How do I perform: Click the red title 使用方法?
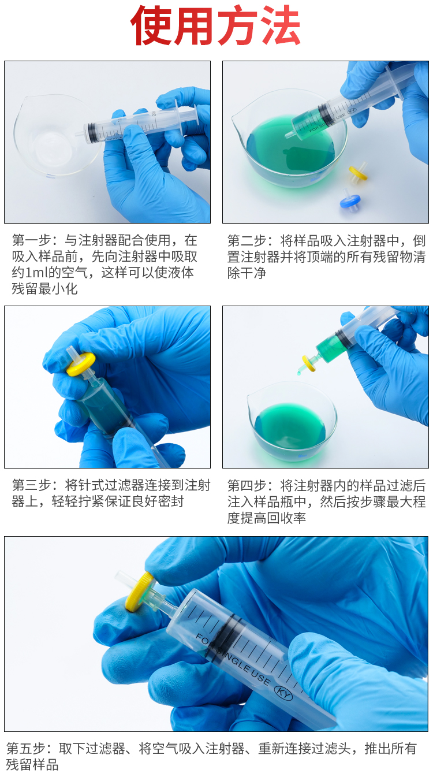click(215, 25)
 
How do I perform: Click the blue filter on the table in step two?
click(350, 200)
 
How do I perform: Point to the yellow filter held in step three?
click(81, 364)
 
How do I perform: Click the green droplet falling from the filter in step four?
click(298, 373)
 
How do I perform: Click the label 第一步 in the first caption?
click(32, 240)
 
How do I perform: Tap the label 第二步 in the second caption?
click(247, 240)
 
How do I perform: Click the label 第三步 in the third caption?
click(32, 485)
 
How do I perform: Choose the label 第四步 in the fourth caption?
click(247, 485)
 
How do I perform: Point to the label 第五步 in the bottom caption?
click(26, 748)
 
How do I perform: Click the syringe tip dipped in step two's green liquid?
click(289, 135)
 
